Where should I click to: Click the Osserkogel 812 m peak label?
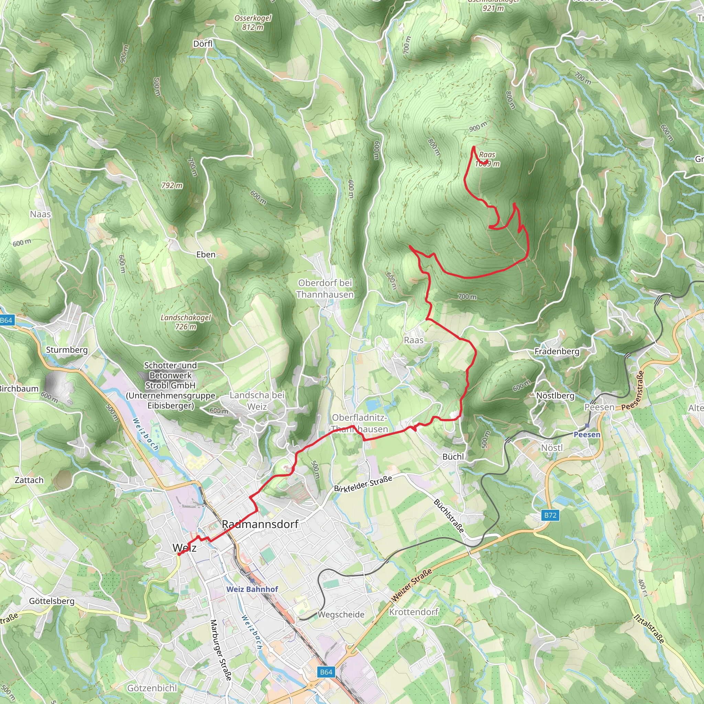tap(253, 23)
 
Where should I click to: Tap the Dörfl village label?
tap(202, 44)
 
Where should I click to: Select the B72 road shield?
tap(550, 515)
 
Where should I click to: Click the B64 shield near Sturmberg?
tap(7, 320)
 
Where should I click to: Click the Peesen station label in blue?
tap(587, 434)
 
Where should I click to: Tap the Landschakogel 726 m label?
tap(186, 322)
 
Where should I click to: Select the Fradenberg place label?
tap(557, 351)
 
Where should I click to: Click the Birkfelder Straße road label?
tap(363, 484)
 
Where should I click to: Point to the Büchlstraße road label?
tap(449, 516)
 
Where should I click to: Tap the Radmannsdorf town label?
tap(260, 524)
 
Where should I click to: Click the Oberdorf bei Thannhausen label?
tap(325, 289)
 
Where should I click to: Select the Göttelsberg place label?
tap(52, 601)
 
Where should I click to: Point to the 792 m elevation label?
tap(172, 186)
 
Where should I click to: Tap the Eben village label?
tap(206, 254)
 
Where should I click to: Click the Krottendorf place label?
tap(414, 612)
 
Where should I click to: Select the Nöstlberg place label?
tap(555, 395)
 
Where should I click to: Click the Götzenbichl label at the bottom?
tap(152, 688)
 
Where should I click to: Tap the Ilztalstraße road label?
tap(649, 629)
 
